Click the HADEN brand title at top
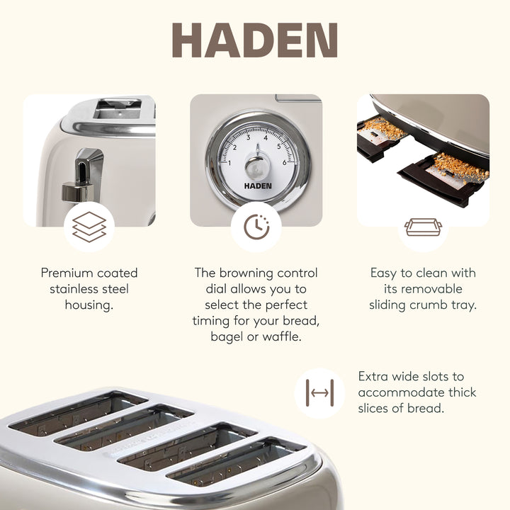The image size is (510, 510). point(254,41)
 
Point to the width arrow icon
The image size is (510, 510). point(319,392)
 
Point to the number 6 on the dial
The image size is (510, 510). point(284,163)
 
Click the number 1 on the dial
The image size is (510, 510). point(229,164)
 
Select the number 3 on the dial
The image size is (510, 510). point(247,138)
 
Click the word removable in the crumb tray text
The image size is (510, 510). point(433,289)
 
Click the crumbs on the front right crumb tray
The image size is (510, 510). point(460,167)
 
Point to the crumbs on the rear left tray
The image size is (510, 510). point(386,129)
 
